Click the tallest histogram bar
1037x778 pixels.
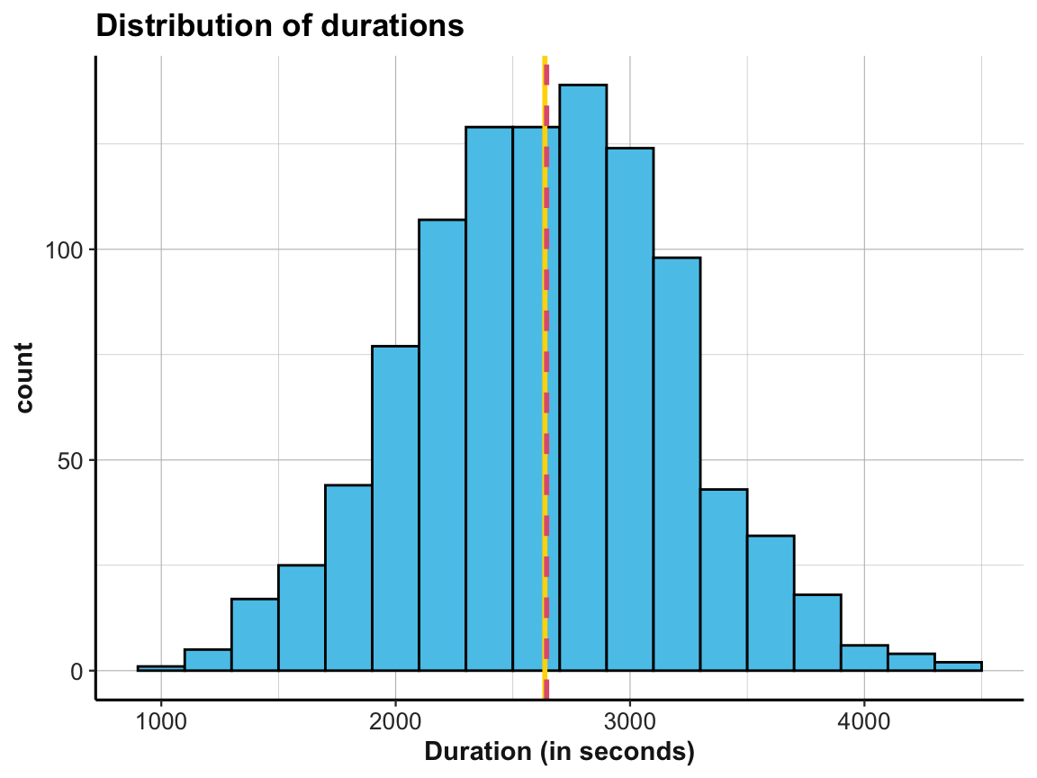pos(582,378)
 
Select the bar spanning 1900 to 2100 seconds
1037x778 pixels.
pos(395,509)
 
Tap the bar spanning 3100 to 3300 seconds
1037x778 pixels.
pos(676,464)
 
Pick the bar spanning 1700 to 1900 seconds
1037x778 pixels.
pos(348,577)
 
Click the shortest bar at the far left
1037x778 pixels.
pos(161,668)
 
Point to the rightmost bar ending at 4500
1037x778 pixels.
pos(958,666)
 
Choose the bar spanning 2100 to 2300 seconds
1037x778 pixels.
pos(442,446)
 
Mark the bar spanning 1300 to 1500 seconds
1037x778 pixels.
pos(255,635)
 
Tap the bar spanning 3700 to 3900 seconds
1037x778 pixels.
pos(817,632)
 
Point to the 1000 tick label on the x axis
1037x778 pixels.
pos(161,721)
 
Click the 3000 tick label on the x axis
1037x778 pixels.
pos(629,721)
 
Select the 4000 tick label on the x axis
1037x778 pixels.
pos(863,721)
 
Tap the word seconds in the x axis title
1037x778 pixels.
pos(644,752)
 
